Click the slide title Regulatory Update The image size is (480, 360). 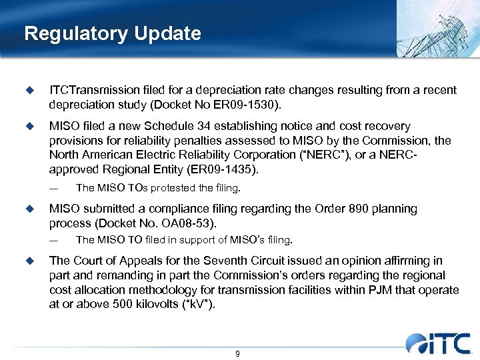coord(112,34)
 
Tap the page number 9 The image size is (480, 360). coord(238,353)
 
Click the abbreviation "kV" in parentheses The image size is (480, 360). coord(199,305)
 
